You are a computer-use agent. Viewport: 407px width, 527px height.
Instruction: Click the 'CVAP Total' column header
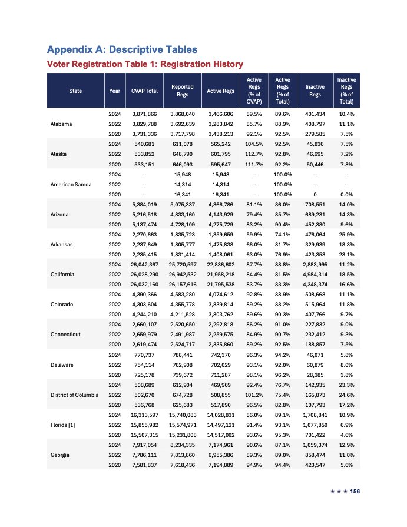pos(145,91)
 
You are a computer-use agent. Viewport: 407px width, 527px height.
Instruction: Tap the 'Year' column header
pos(115,91)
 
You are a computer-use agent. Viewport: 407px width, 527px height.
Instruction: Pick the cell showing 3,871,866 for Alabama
pos(145,112)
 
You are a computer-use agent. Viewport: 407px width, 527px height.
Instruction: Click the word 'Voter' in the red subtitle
pos(61,64)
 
